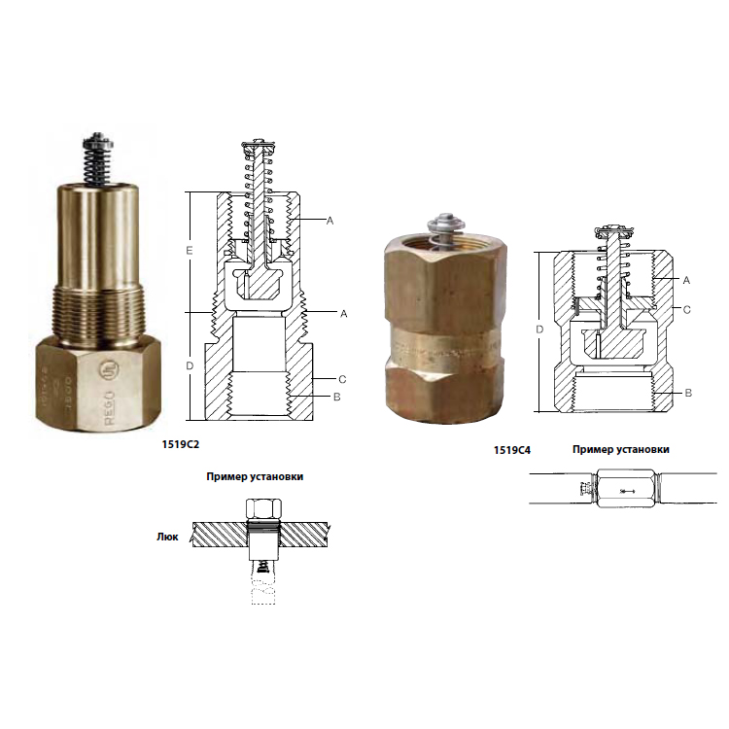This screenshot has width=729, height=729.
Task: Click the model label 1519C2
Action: (181, 444)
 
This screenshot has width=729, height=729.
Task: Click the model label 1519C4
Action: (512, 450)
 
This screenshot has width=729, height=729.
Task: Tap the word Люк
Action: (167, 537)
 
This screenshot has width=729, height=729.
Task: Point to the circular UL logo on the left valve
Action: (109, 370)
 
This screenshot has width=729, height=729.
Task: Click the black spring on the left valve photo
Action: (95, 159)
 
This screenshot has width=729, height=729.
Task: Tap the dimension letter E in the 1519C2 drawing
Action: (190, 251)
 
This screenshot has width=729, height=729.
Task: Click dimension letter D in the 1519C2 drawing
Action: (190, 365)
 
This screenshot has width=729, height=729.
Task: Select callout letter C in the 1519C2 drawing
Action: (342, 379)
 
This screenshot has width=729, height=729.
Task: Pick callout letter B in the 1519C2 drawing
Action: (337, 397)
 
